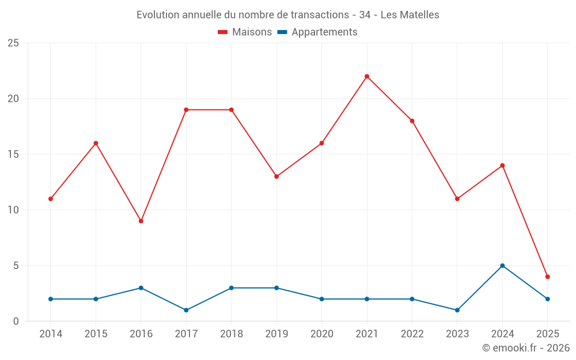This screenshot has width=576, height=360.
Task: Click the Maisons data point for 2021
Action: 367,76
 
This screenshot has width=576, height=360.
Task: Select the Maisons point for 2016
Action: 141,221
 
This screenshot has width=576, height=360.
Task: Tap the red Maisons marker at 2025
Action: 548,276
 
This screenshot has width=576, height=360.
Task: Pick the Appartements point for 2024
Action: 502,266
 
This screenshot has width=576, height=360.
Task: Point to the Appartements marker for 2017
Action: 186,310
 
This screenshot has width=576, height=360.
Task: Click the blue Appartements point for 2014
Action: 51,299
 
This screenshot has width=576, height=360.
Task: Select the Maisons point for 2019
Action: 276,176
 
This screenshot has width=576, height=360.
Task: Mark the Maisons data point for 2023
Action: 457,199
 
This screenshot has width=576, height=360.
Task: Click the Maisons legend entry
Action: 245,32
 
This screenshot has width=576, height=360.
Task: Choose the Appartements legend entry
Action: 317,32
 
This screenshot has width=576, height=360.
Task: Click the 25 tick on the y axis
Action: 13,43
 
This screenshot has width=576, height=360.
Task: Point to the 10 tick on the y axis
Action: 13,210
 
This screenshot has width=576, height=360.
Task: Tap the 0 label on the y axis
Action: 16,321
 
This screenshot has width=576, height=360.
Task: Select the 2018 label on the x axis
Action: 231,334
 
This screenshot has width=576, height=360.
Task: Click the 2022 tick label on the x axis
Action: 412,334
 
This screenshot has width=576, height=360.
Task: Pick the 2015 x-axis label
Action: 96,334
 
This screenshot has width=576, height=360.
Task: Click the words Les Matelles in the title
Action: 410,15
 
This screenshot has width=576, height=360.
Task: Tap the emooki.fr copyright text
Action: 526,348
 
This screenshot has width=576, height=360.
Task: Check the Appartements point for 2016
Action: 141,288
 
